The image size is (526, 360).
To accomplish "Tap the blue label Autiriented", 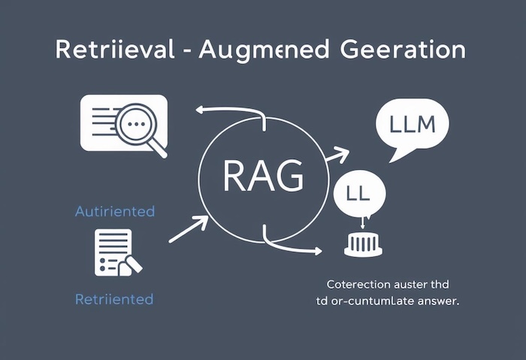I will (114, 211).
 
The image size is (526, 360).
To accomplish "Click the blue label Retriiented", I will (114, 299).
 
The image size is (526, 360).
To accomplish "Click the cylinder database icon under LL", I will (363, 242).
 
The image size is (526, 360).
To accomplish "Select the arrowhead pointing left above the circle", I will (200, 110).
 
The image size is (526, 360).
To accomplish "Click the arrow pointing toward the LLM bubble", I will (337, 156).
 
